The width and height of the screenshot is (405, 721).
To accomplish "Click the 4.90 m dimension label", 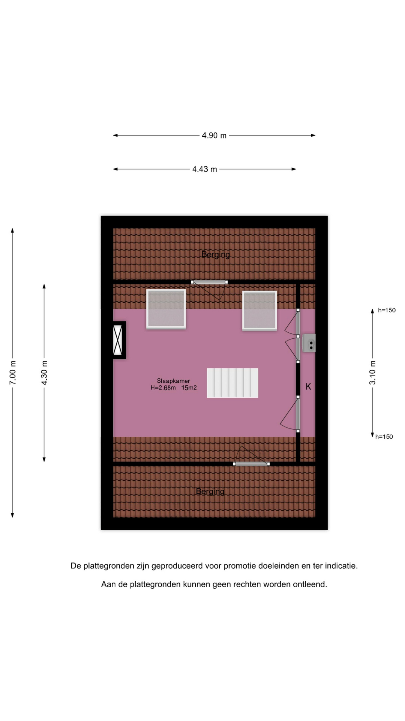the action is tap(214, 136).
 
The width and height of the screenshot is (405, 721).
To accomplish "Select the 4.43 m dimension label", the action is tap(205, 169).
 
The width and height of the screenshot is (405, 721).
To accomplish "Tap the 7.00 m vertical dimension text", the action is tap(13, 373).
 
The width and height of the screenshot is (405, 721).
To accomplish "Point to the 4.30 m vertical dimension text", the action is tap(44, 373).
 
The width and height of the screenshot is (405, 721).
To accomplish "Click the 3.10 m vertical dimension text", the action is tap(372, 373).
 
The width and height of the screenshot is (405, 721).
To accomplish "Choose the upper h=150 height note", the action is tap(387, 310).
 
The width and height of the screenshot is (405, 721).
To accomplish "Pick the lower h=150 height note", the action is tap(384, 437).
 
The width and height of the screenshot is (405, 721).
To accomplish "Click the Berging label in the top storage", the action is tap(216, 255).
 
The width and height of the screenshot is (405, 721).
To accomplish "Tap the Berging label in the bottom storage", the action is tap(210, 492).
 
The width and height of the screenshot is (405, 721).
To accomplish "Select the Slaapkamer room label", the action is tap(174, 381).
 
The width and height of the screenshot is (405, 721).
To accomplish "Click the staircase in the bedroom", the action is tap(232, 383).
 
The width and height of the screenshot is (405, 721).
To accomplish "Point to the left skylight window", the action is tap(166, 309).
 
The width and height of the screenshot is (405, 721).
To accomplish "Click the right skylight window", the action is tap(259, 311).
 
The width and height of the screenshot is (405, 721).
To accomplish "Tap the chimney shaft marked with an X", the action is tap(118, 340).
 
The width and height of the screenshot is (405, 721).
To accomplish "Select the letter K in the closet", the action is tap(308, 386).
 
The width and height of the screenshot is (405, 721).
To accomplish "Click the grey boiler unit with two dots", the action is tap(309, 343).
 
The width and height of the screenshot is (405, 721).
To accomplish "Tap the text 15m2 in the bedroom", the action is tap(189, 388).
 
